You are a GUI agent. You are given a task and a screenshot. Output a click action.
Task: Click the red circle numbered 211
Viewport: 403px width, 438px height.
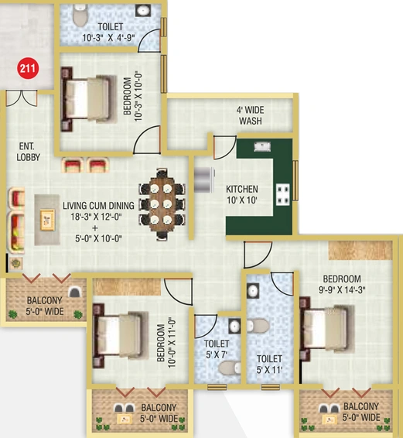click(28, 68)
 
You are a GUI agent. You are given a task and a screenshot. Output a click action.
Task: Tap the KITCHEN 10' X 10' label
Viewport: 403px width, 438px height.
click(242, 194)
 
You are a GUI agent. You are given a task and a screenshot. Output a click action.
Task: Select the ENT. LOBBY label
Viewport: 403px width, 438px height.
click(28, 152)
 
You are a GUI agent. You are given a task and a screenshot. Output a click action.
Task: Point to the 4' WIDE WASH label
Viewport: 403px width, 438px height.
click(251, 115)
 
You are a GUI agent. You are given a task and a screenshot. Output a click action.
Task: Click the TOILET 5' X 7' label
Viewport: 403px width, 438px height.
click(217, 349)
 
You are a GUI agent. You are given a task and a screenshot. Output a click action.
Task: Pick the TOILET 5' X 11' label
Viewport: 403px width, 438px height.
click(269, 364)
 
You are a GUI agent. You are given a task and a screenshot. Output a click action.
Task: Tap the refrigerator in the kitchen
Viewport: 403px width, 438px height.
click(204, 180)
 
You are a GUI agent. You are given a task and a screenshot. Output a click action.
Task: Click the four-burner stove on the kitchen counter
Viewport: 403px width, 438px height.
click(282, 194)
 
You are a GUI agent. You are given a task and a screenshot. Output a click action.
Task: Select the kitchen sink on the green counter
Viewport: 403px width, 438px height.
click(262, 147)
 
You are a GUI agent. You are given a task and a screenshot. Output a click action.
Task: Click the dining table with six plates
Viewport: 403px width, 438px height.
click(162, 204)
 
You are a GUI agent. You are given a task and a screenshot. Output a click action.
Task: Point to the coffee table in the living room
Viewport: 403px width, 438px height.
click(47, 220)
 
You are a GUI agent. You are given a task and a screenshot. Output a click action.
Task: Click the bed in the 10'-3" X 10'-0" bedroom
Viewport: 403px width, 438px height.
click(89, 99)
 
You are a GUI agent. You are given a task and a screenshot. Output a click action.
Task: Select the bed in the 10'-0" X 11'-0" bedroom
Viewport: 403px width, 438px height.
click(121, 335)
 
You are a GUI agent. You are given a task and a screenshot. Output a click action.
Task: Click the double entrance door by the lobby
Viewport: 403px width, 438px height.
click(22, 98)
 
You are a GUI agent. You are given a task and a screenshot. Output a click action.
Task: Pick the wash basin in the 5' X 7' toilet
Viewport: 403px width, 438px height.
click(234, 326)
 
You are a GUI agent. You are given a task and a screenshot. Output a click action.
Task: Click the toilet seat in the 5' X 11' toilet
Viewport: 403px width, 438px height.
click(258, 326)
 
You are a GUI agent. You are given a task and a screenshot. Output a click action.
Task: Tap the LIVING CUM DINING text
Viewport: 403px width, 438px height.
click(98, 206)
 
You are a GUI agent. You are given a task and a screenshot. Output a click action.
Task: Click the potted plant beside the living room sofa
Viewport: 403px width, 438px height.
click(15, 263)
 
